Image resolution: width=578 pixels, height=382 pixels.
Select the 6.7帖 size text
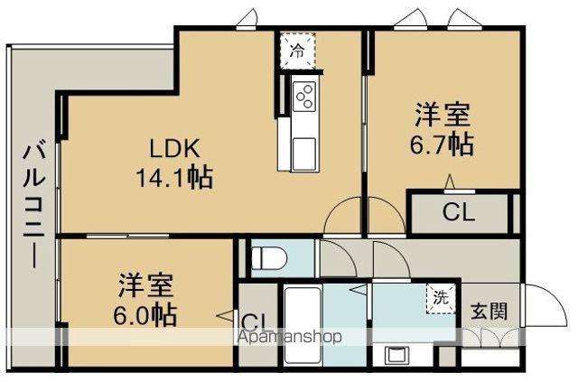click(x=442, y=144)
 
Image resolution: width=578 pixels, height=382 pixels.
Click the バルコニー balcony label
click(x=33, y=204)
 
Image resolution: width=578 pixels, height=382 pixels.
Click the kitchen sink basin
click(x=302, y=146)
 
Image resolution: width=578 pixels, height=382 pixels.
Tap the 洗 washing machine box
click(x=440, y=299)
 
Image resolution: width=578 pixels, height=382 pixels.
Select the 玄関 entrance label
click(x=488, y=312)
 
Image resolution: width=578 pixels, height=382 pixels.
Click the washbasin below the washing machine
click(x=396, y=353)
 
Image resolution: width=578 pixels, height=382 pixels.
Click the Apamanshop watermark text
click(x=289, y=338)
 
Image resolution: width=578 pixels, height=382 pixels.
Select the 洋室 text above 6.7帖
click(x=442, y=116)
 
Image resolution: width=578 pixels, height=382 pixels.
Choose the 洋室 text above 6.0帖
click(x=144, y=285)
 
